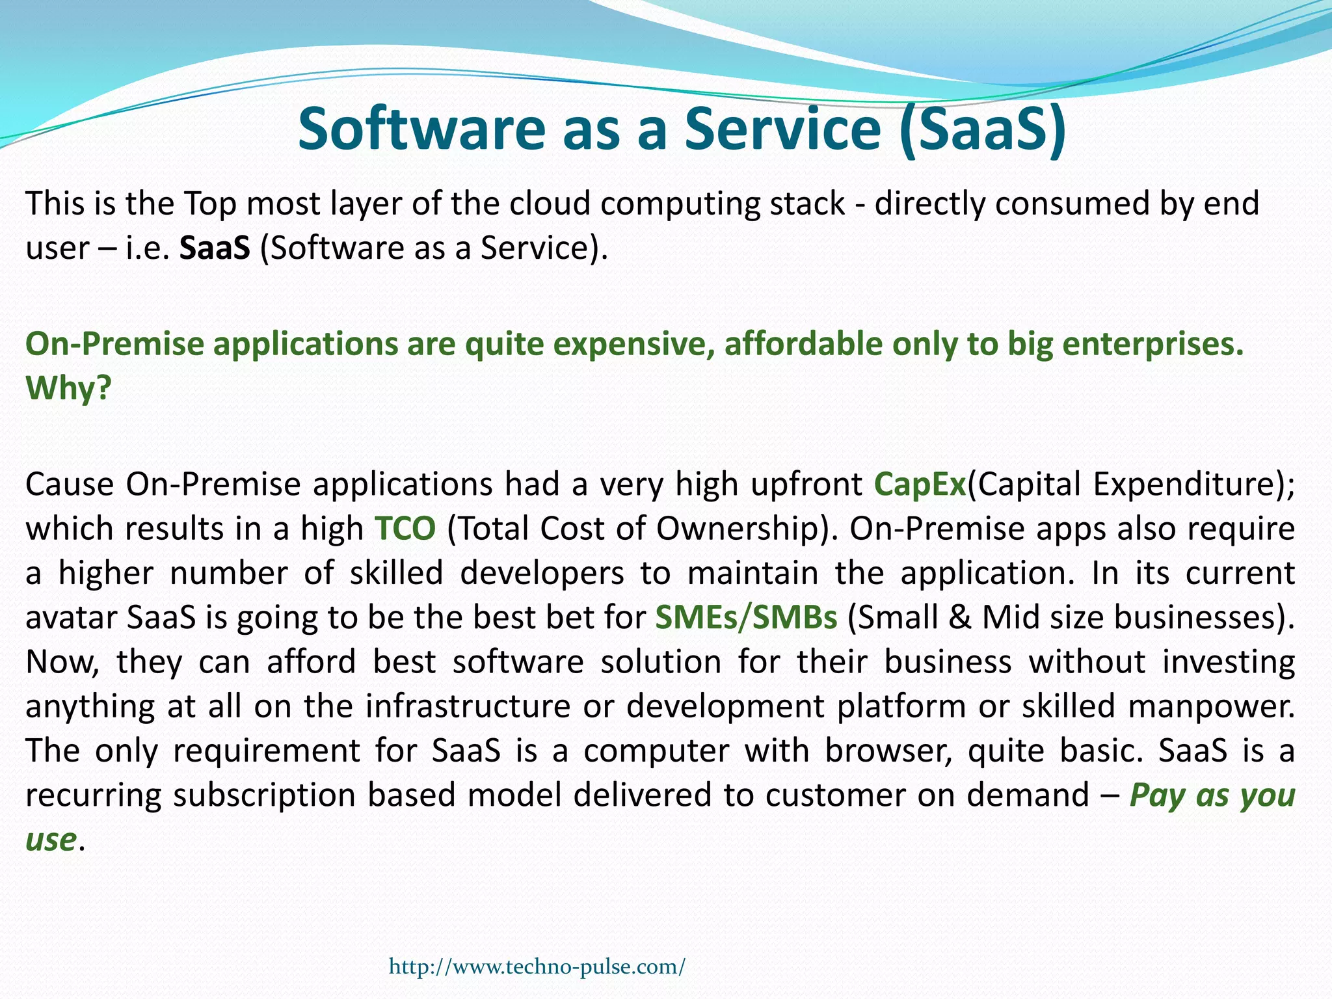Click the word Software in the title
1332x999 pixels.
421,128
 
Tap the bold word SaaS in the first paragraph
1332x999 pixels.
215,248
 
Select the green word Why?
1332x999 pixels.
68,388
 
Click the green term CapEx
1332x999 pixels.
920,485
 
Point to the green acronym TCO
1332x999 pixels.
405,529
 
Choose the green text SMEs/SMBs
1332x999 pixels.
746,617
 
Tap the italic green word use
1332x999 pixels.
51,839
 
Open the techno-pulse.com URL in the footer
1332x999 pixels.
537,966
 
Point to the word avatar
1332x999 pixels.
71,617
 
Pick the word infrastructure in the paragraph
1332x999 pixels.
468,706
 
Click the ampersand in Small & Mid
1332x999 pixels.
959,617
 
